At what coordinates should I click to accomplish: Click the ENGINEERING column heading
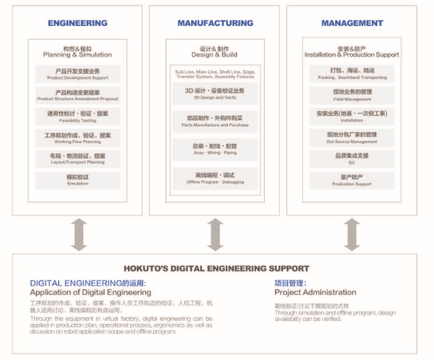[77, 23]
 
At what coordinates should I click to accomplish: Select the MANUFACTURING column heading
[215, 23]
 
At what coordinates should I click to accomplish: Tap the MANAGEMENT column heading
[352, 23]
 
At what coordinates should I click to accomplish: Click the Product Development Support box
[77, 74]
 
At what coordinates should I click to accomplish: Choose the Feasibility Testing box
[77, 116]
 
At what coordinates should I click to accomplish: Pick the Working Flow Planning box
[77, 137]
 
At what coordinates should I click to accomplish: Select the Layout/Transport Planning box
[77, 158]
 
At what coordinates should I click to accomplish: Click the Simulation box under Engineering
[77, 179]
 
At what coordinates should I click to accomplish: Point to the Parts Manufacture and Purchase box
[215, 121]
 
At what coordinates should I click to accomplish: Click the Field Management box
[352, 95]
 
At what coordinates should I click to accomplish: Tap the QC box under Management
[352, 158]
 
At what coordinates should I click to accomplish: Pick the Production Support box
[352, 180]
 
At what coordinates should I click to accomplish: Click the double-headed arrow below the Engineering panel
[77, 234]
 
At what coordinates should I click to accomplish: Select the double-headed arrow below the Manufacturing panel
[215, 234]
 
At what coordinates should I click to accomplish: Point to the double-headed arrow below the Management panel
[352, 234]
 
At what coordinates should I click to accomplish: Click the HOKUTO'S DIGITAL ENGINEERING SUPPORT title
[216, 268]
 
